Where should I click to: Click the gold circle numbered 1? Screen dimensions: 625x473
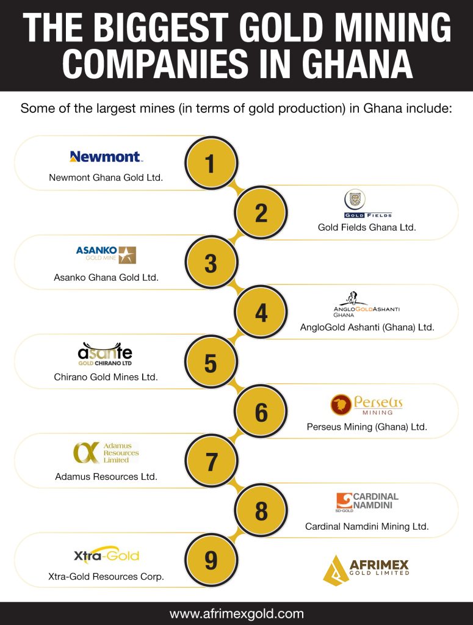tap(211, 164)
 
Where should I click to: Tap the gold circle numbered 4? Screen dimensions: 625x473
tap(261, 312)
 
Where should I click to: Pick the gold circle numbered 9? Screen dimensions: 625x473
tap(211, 560)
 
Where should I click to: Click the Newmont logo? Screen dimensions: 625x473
tap(106, 157)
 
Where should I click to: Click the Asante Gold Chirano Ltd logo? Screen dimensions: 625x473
tap(105, 353)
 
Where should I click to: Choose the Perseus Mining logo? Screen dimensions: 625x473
tap(367, 404)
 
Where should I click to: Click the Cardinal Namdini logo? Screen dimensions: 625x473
tap(367, 502)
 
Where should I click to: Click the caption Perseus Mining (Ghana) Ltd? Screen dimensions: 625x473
tap(367, 427)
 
